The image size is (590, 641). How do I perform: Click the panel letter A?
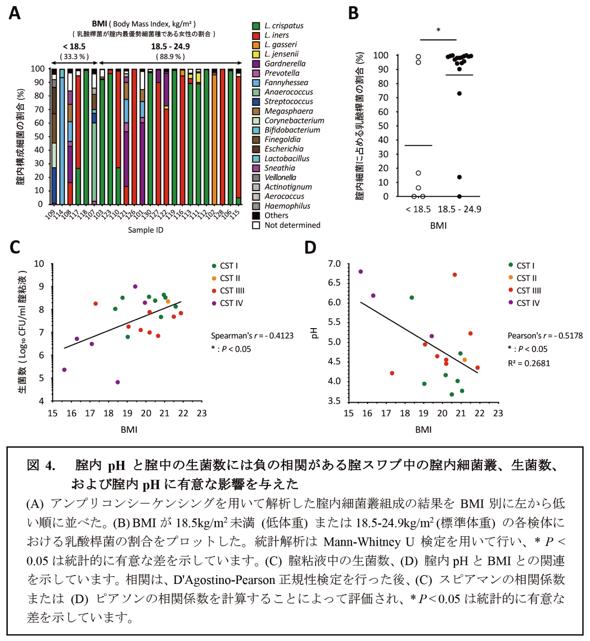point(15,13)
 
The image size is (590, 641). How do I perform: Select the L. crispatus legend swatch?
point(256,26)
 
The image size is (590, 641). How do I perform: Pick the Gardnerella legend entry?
point(285,63)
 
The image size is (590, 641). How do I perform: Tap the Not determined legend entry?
point(292,225)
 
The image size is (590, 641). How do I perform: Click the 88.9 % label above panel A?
point(170,57)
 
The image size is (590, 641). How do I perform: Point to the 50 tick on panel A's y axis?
point(37,136)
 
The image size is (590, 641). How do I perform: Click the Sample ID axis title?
point(146,230)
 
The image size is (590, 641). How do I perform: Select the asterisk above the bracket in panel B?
point(438,31)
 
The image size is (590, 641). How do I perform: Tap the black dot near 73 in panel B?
point(459,93)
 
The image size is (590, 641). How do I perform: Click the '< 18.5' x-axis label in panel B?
point(418,209)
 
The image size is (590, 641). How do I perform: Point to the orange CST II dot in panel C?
point(168,301)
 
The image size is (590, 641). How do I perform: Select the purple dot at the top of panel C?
point(135,286)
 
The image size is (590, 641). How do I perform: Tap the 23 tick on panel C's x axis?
point(202,413)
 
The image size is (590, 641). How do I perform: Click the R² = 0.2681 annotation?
point(529,363)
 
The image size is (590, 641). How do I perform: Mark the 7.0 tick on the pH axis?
point(334,264)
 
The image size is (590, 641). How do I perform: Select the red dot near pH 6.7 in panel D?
point(455,275)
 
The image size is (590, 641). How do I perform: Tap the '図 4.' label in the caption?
point(41,465)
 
